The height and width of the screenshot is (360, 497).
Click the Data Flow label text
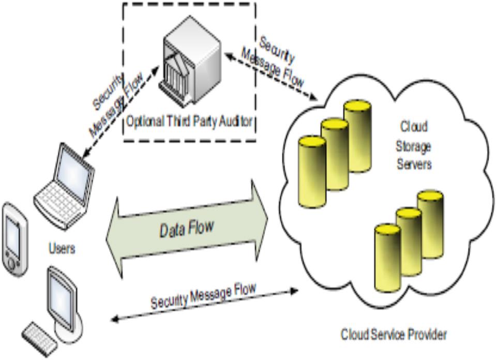tap(186, 228)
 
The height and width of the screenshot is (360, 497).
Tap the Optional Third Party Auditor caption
tap(189, 122)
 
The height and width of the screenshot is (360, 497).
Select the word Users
tap(62, 249)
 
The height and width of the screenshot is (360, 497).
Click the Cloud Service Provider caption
tap(393, 335)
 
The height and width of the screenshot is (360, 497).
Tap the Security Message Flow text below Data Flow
tap(203, 296)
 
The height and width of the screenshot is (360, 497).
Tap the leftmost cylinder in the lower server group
tap(387, 259)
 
